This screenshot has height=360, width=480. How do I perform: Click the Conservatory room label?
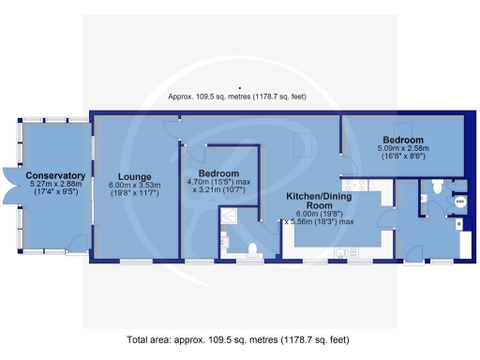(x=56, y=175)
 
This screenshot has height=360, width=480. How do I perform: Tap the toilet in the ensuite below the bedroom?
(x=252, y=248)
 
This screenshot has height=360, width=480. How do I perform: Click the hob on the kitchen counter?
(x=357, y=187)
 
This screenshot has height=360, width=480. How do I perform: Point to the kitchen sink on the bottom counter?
(x=344, y=251)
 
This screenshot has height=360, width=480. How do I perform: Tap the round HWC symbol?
(x=458, y=201)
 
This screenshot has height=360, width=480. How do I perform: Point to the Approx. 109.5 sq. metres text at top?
(x=240, y=97)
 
